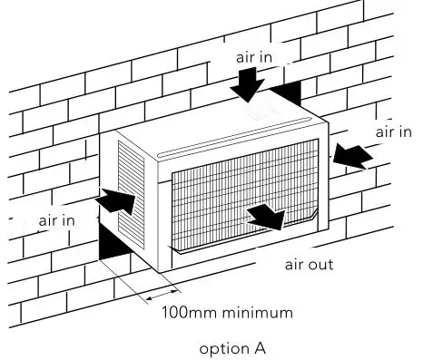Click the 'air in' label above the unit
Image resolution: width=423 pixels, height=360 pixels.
coord(253,56)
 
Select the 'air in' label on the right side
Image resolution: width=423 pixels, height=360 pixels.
coord(394,132)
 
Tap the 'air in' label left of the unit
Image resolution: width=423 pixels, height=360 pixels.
coord(56,220)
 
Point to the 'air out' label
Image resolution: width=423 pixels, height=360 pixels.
coord(308,265)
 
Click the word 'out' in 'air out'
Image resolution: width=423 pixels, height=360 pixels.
coord(320,265)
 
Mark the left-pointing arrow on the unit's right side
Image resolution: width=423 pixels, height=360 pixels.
coord(350,155)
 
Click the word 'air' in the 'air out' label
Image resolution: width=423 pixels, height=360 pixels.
coord(293,265)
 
